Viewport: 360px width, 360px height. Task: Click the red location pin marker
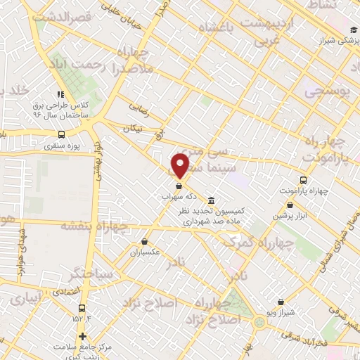pos(181,165)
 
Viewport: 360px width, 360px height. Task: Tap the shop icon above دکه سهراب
pos(179,186)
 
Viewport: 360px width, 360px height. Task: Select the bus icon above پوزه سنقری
pos(62,134)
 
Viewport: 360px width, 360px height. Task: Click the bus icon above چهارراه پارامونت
pos(303,179)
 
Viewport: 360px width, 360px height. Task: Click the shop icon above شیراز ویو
pos(281,302)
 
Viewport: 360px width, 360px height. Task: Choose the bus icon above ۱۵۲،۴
pos(82,308)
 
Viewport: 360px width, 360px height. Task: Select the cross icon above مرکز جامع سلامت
pos(82,336)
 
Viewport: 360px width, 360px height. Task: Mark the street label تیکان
pos(132,129)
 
